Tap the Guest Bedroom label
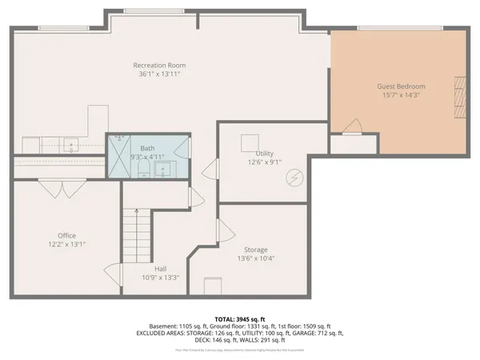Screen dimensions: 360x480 click(x=400, y=86)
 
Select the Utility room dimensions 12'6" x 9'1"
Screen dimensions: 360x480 click(x=264, y=162)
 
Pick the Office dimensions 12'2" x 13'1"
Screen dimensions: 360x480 click(x=66, y=246)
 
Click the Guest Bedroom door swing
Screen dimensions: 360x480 click(x=351, y=125)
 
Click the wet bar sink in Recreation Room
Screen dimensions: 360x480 click(x=71, y=146)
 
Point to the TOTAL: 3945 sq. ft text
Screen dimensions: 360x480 click(x=239, y=319)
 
